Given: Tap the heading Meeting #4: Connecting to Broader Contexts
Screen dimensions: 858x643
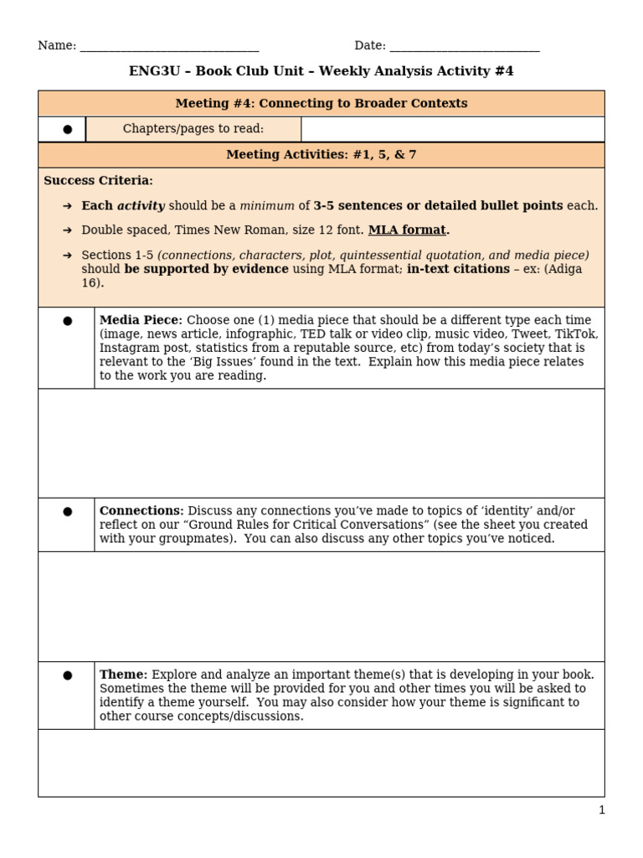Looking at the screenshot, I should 321,103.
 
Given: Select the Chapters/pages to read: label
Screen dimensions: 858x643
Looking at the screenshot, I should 193,128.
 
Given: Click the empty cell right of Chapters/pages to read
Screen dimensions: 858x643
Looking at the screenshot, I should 452,128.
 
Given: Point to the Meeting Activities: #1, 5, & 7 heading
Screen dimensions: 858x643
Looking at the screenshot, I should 321,155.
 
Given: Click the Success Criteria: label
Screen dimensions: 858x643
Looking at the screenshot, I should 98,180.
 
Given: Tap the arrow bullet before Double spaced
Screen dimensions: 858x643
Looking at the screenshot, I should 67,230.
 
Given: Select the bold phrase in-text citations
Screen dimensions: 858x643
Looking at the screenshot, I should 458,269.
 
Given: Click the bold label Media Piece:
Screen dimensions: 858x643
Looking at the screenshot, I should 140,320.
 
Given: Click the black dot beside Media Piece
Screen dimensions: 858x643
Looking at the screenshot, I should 67,321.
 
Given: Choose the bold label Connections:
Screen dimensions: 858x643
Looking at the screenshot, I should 141,510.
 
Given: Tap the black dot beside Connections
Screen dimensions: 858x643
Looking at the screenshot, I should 67,511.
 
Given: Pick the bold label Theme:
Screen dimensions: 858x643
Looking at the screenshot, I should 123,674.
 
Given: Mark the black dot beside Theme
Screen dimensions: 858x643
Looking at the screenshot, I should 67,675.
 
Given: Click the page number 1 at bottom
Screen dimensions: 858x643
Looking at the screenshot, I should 601,809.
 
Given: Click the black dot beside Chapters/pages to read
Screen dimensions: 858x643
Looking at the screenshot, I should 67,129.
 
